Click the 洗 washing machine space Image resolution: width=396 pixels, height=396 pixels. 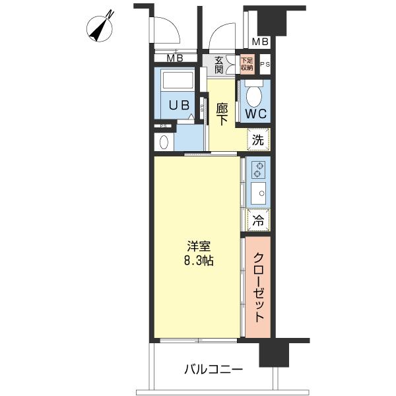point(258,139)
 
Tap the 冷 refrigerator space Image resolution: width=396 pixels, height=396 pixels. point(258,220)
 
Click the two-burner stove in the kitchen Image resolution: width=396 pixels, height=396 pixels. point(258,170)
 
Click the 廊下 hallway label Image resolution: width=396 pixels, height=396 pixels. point(222,114)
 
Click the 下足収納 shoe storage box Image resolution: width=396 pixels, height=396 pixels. point(247,64)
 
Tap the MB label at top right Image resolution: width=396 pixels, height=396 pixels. point(260,42)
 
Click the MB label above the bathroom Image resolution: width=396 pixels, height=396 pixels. point(175,58)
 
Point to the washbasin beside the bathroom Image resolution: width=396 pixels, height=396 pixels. point(164,142)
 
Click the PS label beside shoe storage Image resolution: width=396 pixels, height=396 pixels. point(265,65)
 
